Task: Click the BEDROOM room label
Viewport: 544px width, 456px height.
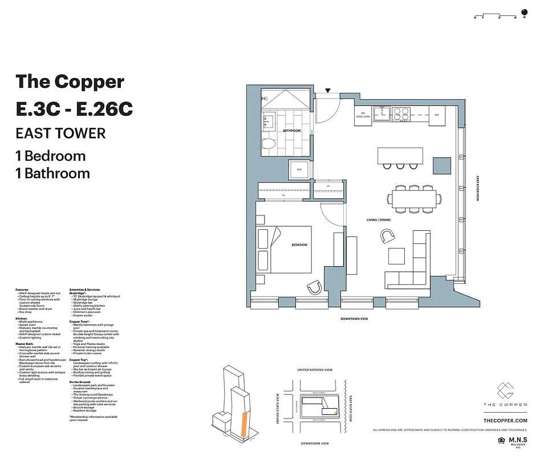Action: (x=299, y=245)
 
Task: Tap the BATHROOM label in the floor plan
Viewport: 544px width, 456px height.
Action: (x=291, y=131)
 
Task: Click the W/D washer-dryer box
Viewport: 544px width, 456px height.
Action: (x=299, y=169)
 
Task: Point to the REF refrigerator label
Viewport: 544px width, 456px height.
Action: (x=437, y=115)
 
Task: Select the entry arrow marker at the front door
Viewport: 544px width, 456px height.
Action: (x=327, y=90)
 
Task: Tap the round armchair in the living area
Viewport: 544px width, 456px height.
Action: (x=388, y=236)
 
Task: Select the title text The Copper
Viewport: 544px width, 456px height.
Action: (x=70, y=81)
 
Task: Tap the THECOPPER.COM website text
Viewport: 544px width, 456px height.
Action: (x=505, y=420)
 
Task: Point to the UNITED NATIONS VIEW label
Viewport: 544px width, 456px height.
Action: (x=314, y=370)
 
